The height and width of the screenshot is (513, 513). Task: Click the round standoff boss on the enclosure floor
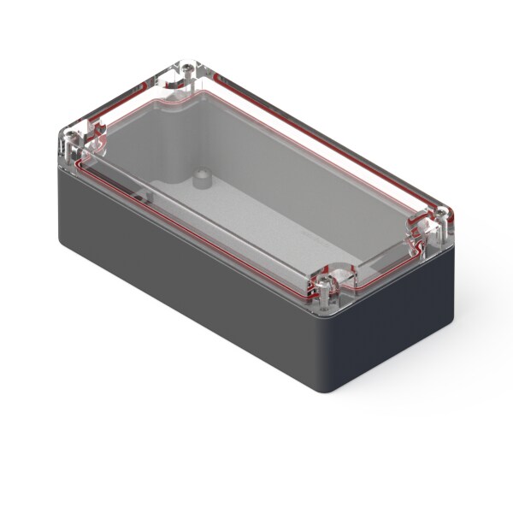(202, 180)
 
